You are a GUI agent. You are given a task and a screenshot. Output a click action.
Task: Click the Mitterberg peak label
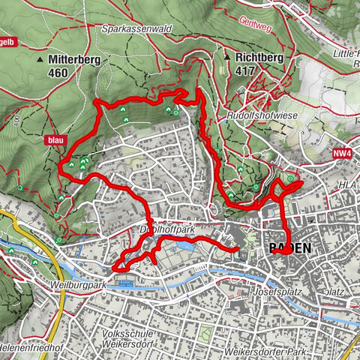click(x=73, y=58)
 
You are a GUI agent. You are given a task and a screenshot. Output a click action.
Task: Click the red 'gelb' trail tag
click(x=7, y=43)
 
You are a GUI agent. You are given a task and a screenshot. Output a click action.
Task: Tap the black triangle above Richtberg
click(x=227, y=55)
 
